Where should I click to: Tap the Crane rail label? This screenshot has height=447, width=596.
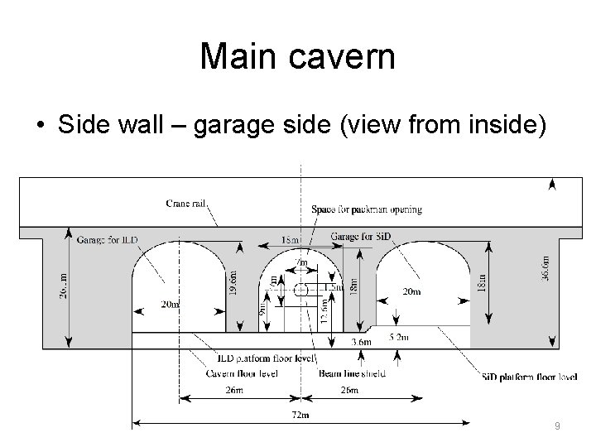pos(185,202)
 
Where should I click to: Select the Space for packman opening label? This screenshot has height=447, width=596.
pos(367,209)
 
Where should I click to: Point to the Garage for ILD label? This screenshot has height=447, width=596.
pos(108,240)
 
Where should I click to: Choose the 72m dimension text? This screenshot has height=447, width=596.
pos(300,414)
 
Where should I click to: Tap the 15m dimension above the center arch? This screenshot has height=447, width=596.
pos(290,241)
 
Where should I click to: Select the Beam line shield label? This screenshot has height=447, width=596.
pos(352,374)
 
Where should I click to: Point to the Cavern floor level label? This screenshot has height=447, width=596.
pos(241,374)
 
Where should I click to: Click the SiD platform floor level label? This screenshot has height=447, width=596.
pos(530,377)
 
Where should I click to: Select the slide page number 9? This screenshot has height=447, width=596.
pos(558,425)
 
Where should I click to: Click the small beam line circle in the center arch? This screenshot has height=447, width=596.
pos(301,290)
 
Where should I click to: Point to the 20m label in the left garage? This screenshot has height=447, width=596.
pos(171,305)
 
